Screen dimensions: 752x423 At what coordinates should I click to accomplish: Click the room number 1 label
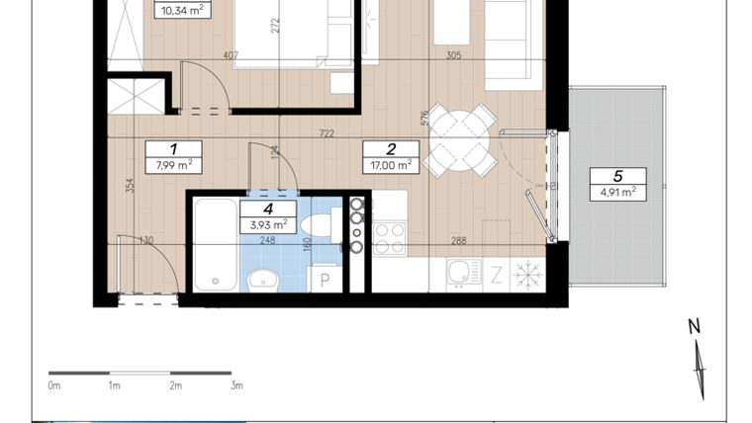pos(173,149)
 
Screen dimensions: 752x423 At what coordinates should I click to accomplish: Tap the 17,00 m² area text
pos(391,165)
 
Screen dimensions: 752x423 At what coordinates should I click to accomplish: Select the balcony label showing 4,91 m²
pos(618,192)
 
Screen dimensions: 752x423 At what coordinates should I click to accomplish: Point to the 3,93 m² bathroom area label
pos(268,224)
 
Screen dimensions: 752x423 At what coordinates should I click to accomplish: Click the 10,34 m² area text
pos(183,11)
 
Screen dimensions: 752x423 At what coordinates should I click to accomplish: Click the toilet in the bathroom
pos(321,225)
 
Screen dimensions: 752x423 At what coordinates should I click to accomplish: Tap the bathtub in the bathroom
pos(216,245)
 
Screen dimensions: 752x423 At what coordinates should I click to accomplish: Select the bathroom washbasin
pos(262,280)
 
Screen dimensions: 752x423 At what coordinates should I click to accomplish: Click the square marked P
pos(326,279)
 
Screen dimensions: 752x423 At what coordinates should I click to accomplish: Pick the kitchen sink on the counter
pos(464,274)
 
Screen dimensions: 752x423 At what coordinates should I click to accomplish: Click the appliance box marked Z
pos(497,275)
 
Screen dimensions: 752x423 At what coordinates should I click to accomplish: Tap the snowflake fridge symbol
pos(528,275)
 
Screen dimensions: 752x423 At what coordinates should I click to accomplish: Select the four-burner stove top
pos(390,238)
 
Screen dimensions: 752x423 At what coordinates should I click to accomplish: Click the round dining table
pos(459,141)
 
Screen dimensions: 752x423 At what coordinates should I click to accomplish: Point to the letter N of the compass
pos(694,326)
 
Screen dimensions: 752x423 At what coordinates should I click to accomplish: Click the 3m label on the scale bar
pos(236,385)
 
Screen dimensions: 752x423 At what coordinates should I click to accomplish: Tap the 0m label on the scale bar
pos(54,385)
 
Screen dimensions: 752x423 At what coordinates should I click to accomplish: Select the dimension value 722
pos(327,133)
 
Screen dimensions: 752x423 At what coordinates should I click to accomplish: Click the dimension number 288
pos(459,240)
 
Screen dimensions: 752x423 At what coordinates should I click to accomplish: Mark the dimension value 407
pos(231,55)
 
